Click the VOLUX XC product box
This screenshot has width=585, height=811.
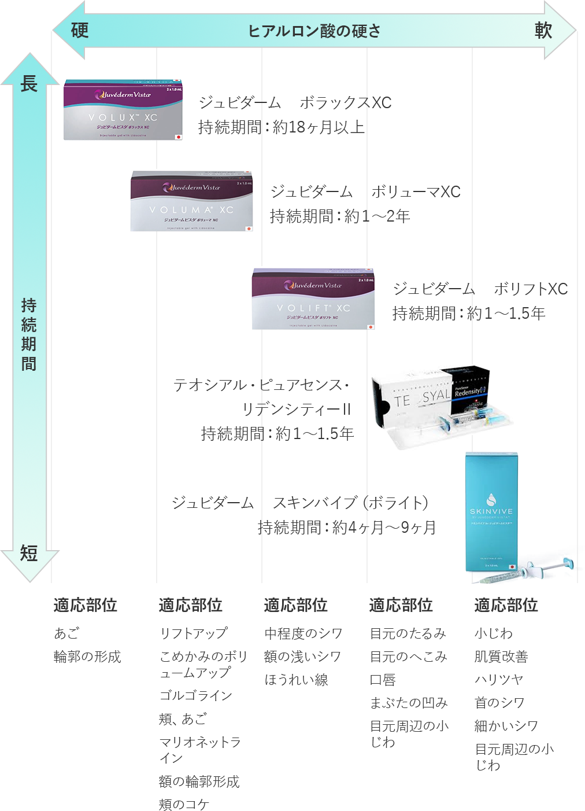[123, 110]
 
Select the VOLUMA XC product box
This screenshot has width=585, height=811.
[191, 201]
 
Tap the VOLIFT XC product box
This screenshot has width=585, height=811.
[313, 298]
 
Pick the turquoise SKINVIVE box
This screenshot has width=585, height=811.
[491, 512]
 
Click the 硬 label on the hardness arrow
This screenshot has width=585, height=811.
[80, 30]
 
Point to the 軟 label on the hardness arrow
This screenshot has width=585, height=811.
[543, 30]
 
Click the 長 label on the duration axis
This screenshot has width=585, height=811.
[29, 84]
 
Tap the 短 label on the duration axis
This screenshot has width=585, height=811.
[29, 554]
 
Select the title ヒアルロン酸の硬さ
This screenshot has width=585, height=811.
[314, 31]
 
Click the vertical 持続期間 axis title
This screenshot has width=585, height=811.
[29, 334]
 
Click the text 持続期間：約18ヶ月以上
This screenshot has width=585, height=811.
[282, 127]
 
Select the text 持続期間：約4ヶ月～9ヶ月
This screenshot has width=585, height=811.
[346, 528]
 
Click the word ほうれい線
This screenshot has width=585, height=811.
[296, 680]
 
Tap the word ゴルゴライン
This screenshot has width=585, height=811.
[195, 695]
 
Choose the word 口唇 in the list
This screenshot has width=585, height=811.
[383, 680]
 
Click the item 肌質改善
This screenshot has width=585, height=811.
[501, 657]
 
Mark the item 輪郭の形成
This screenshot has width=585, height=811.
[87, 657]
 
